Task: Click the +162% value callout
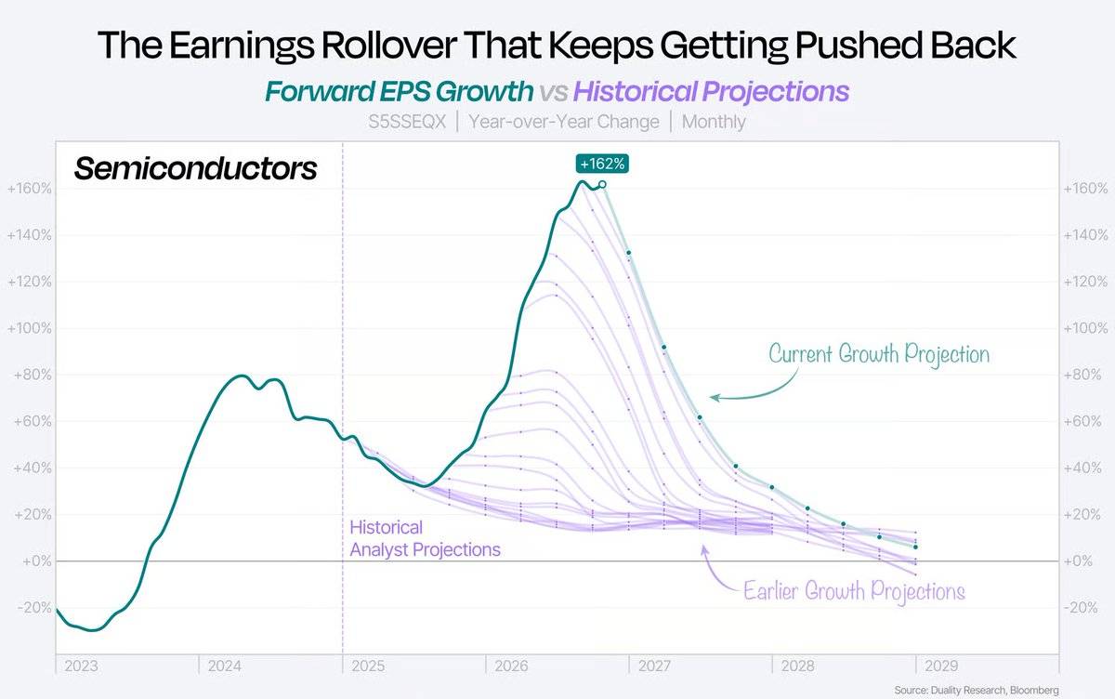tap(602, 164)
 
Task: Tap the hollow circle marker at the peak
tap(602, 185)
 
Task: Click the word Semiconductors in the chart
tap(195, 168)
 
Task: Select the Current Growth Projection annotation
tap(879, 354)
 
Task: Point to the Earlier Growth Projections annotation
tap(854, 591)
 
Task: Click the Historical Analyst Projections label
tap(425, 538)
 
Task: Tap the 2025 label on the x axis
tap(368, 666)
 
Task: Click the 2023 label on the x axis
tap(81, 666)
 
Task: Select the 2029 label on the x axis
tap(941, 666)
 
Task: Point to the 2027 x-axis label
tap(654, 666)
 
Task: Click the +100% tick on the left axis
tap(29, 329)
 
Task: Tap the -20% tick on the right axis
tap(1080, 608)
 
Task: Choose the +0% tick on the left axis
tap(37, 561)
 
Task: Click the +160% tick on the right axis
tap(1085, 189)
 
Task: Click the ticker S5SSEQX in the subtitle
tap(407, 122)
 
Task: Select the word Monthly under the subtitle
tap(714, 122)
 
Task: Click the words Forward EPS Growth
tap(400, 91)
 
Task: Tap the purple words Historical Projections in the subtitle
tap(712, 92)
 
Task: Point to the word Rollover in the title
tap(389, 46)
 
